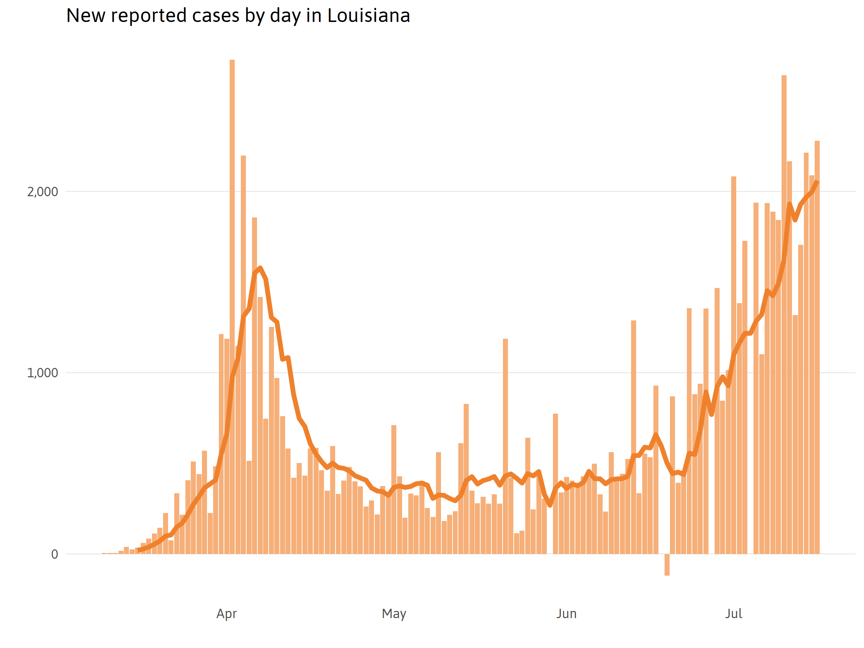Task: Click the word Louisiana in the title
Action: (x=368, y=15)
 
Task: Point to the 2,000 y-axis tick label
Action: (x=42, y=192)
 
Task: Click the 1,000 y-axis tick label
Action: (x=42, y=373)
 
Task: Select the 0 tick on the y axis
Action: (x=55, y=554)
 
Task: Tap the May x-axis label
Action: (x=394, y=614)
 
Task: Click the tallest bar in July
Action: (x=784, y=312)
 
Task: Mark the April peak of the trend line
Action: (x=260, y=268)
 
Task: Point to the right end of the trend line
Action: (x=817, y=182)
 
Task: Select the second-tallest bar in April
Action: (x=243, y=351)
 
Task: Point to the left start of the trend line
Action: (x=139, y=550)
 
